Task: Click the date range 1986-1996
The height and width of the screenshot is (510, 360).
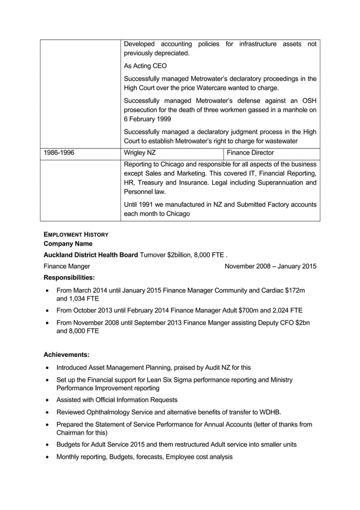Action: tap(59, 152)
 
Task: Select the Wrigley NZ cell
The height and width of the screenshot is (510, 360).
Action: tap(140, 152)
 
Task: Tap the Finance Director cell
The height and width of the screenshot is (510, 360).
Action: tap(250, 152)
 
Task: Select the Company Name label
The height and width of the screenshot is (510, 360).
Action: tap(68, 244)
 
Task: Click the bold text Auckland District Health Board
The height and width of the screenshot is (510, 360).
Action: tap(90, 255)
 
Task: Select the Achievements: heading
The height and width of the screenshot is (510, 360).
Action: tap(67, 355)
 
